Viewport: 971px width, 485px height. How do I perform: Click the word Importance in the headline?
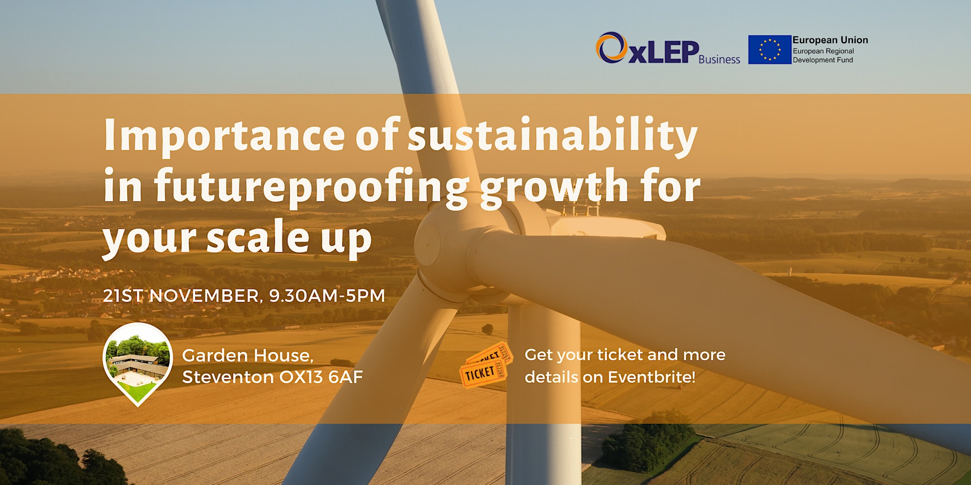pyautogui.click(x=224, y=136)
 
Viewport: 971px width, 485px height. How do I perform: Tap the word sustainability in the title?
pyautogui.click(x=552, y=136)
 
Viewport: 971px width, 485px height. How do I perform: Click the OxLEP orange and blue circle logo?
pyautogui.click(x=611, y=48)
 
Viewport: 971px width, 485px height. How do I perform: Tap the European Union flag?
pyautogui.click(x=770, y=49)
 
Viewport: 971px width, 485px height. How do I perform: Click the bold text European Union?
pyautogui.click(x=830, y=40)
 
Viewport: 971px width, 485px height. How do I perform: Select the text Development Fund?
pyautogui.click(x=823, y=60)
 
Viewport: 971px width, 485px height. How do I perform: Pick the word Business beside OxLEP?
pyautogui.click(x=720, y=59)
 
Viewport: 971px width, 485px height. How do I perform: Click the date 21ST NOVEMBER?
pyautogui.click(x=183, y=296)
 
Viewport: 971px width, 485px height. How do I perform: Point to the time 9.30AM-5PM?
pyautogui.click(x=327, y=296)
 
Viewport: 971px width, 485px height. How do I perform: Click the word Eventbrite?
pyautogui.click(x=652, y=377)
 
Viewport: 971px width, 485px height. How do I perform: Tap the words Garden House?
pyautogui.click(x=248, y=356)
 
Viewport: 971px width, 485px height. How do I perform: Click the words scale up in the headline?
pyautogui.click(x=289, y=238)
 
